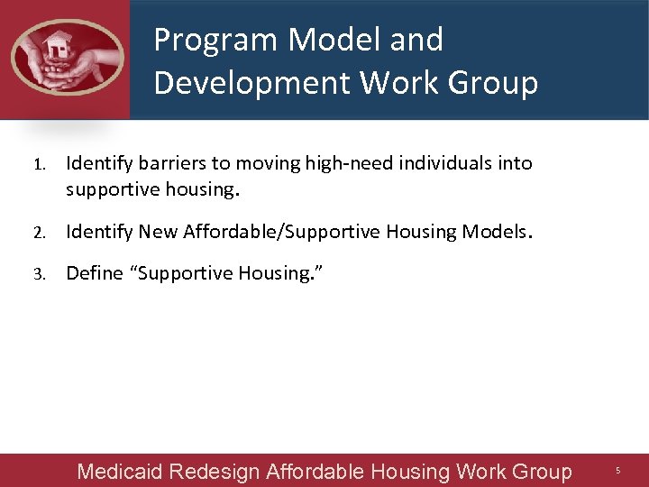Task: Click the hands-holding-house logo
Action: (x=67, y=58)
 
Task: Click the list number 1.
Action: (x=39, y=165)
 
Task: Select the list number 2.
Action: (x=39, y=233)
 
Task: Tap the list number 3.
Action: (x=39, y=274)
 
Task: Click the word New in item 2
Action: (x=159, y=232)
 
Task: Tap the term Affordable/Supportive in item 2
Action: (x=282, y=232)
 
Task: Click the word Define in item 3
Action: (x=95, y=273)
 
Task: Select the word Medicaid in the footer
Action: (x=120, y=472)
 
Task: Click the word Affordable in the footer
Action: (x=315, y=472)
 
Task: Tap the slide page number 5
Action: (x=618, y=471)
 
